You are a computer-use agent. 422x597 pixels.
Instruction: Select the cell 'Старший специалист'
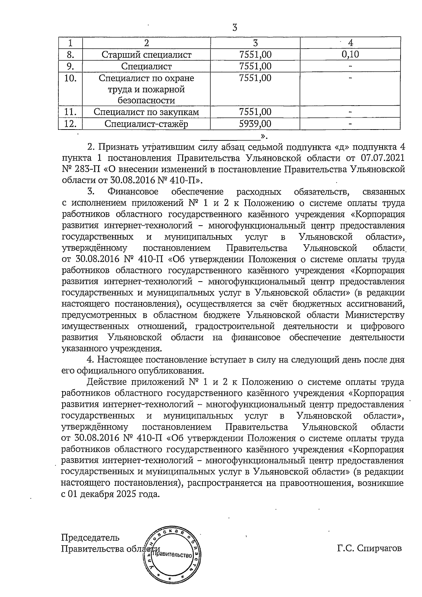point(146,55)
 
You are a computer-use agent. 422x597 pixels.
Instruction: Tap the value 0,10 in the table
point(350,55)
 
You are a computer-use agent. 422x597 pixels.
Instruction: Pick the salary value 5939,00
point(255,124)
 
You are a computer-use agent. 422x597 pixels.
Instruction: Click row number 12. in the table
point(70,124)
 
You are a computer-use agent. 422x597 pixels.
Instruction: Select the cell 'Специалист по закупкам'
point(146,112)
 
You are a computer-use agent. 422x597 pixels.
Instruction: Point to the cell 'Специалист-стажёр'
point(146,124)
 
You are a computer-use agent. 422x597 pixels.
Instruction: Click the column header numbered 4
point(350,43)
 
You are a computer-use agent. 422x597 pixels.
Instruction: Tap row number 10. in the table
point(70,78)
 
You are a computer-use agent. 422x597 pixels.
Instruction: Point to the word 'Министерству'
point(375,315)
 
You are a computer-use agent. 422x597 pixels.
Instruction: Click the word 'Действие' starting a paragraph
point(106,382)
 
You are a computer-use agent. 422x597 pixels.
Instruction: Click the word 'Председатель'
point(90,538)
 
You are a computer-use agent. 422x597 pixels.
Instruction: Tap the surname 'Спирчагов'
point(379,548)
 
